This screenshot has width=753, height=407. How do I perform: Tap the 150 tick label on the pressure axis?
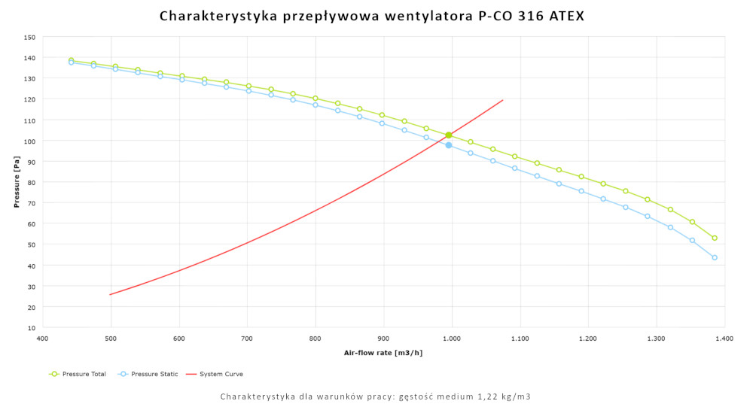tap(29, 37)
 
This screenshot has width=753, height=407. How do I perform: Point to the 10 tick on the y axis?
tap(31, 328)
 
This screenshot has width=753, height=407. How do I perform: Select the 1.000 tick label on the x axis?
tap(452, 339)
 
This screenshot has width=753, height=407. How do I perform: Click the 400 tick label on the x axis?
tap(42, 339)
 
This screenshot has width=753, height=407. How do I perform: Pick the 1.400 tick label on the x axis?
tap(724, 339)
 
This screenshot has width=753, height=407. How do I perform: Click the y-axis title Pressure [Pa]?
tap(16, 182)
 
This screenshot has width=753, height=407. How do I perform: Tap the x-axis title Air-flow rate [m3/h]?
tap(383, 353)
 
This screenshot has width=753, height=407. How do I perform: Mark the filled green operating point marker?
tap(449, 135)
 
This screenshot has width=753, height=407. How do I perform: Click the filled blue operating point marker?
tap(449, 145)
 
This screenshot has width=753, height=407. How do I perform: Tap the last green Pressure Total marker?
tap(715, 238)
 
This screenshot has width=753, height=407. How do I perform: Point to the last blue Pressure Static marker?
tap(715, 257)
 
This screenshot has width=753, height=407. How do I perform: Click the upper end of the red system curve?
tap(503, 100)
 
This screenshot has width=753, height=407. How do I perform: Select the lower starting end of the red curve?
tap(110, 294)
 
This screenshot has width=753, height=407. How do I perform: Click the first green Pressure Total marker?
tap(71, 60)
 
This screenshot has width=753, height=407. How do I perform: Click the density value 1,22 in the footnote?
tap(471, 396)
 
